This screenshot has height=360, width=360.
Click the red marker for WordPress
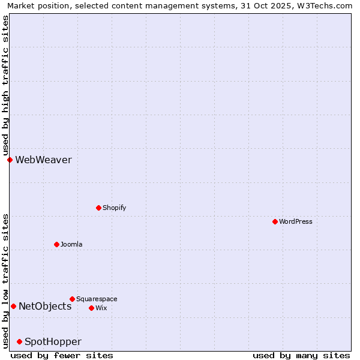click(x=275, y=221)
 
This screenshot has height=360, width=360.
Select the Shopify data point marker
click(x=98, y=208)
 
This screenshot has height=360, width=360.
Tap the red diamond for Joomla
click(x=56, y=244)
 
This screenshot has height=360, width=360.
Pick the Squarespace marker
click(x=72, y=299)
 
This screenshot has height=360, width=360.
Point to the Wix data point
click(x=91, y=308)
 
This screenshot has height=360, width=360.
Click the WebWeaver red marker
click(x=10, y=160)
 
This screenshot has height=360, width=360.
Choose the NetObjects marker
click(x=13, y=306)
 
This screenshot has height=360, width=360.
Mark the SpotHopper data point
click(x=19, y=341)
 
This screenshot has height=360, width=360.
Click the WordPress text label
click(x=296, y=221)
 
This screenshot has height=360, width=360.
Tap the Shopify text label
click(x=114, y=208)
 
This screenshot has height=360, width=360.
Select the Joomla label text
click(x=71, y=244)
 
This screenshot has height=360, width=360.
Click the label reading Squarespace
click(x=97, y=299)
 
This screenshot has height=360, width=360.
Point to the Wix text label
click(x=101, y=308)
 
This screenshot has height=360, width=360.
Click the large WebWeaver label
click(x=43, y=160)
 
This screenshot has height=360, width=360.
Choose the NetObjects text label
click(x=45, y=306)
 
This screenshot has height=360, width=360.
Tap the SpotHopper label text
click(x=53, y=341)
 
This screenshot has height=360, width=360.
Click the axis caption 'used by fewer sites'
click(x=62, y=355)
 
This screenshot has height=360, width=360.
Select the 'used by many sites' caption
click(x=301, y=355)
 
